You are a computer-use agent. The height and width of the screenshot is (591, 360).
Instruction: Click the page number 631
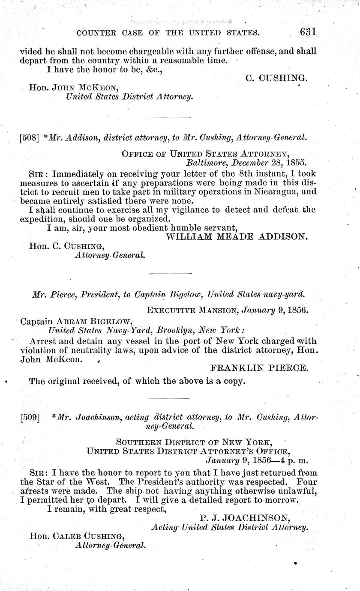point(308,32)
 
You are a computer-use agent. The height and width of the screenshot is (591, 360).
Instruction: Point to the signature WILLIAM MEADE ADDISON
point(237,236)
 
